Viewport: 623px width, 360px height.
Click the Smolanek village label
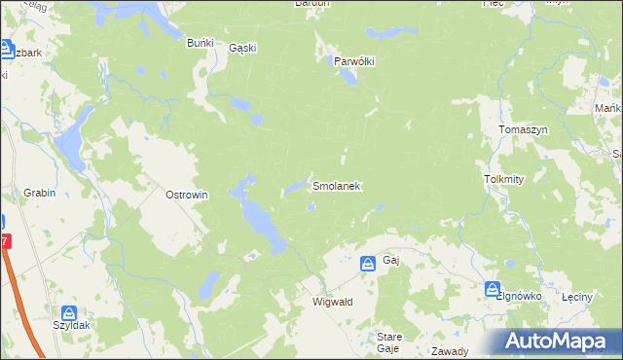337,185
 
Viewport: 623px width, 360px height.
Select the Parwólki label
354,60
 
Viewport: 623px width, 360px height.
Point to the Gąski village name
241,51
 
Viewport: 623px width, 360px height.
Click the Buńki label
200,43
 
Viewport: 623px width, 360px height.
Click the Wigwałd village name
332,302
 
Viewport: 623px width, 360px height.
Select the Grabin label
35,193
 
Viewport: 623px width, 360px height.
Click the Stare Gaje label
388,342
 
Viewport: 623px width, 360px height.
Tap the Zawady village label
450,351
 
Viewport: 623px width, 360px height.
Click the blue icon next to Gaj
368,263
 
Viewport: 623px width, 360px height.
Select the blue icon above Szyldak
68,314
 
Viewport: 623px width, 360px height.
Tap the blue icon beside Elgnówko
493,289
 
